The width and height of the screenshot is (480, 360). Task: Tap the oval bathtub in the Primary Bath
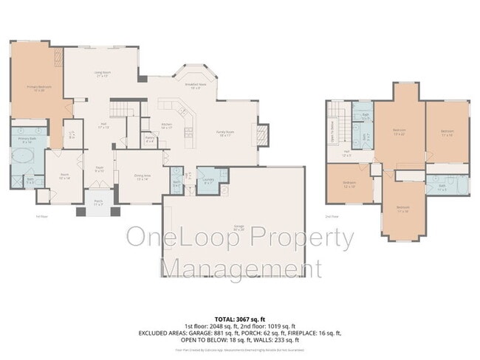[25, 158]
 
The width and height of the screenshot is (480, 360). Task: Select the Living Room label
[101, 74]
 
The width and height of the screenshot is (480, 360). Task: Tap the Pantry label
[149, 138]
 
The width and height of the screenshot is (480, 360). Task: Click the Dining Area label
[141, 178]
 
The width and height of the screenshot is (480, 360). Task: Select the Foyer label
[98, 169]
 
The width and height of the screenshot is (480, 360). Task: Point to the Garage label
[232, 229]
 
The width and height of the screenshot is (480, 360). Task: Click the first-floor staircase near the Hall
[123, 108]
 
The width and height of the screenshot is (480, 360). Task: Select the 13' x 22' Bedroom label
[399, 132]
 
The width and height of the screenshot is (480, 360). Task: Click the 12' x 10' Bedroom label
[349, 184]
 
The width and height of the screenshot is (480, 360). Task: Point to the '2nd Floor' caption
[332, 217]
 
